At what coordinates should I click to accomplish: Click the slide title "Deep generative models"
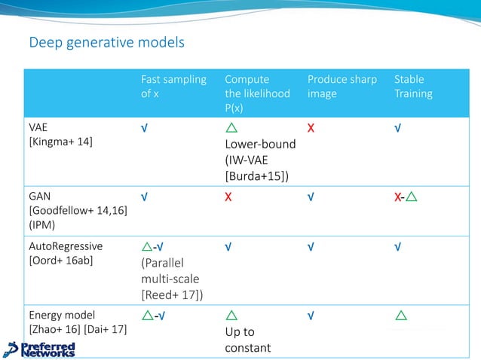[x=106, y=42]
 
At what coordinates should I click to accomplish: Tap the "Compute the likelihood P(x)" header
[x=256, y=93]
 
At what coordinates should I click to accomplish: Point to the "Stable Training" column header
[x=413, y=87]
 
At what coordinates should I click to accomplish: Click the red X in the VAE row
[x=311, y=128]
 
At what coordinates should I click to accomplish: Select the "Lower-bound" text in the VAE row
[x=259, y=143]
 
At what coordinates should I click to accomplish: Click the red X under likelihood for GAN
[x=228, y=197]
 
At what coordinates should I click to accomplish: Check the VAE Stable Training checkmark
[x=397, y=128]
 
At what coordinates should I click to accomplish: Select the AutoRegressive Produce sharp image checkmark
[x=311, y=247]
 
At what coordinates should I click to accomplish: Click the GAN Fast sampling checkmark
[x=143, y=197]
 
